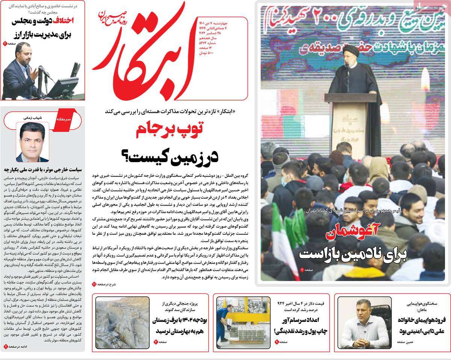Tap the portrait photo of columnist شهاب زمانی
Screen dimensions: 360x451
32,142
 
